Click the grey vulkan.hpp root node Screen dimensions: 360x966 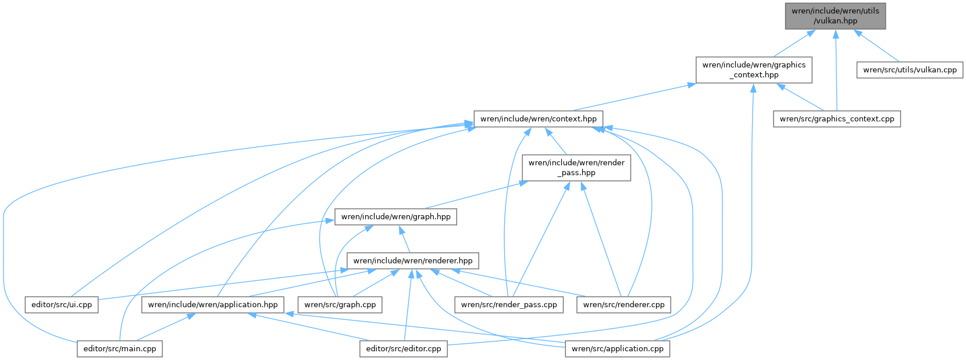[835, 16]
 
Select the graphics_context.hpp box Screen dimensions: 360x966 [754, 70]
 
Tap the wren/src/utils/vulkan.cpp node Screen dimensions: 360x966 [910, 70]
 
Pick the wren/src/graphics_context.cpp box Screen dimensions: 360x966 [837, 119]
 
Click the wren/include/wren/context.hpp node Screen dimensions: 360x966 [539, 119]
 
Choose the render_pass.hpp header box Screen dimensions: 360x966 [576, 167]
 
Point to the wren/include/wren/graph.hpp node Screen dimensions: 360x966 [395, 216]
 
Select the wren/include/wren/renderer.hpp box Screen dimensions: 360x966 [413, 261]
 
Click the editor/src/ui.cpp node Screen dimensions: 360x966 [62, 304]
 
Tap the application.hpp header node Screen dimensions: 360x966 [213, 304]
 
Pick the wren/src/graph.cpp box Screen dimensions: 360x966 [340, 304]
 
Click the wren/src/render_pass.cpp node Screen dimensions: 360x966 [509, 304]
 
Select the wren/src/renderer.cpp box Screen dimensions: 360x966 [623, 304]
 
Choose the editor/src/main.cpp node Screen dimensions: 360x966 [120, 349]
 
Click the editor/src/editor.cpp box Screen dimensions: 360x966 [404, 349]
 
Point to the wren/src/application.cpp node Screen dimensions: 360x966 [618, 349]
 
